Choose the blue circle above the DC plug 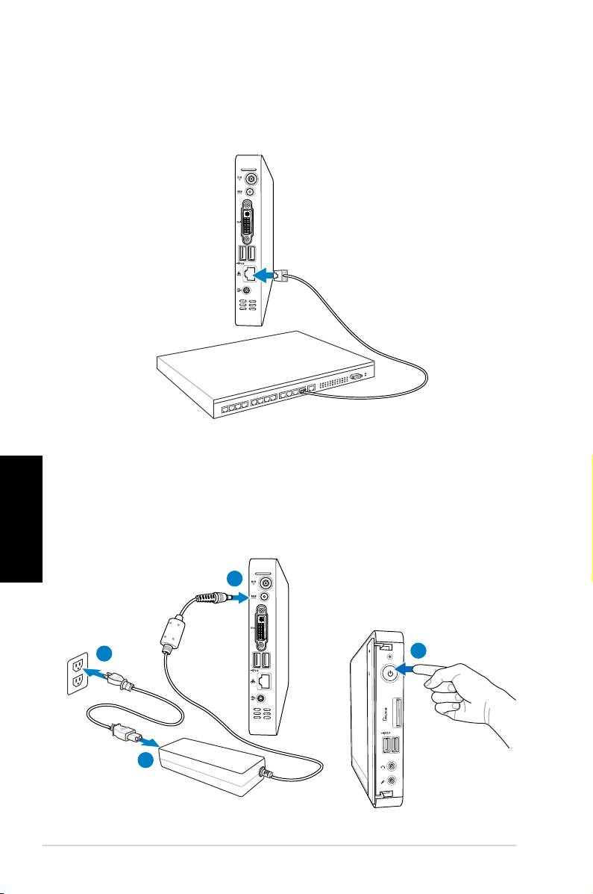(x=235, y=577)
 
